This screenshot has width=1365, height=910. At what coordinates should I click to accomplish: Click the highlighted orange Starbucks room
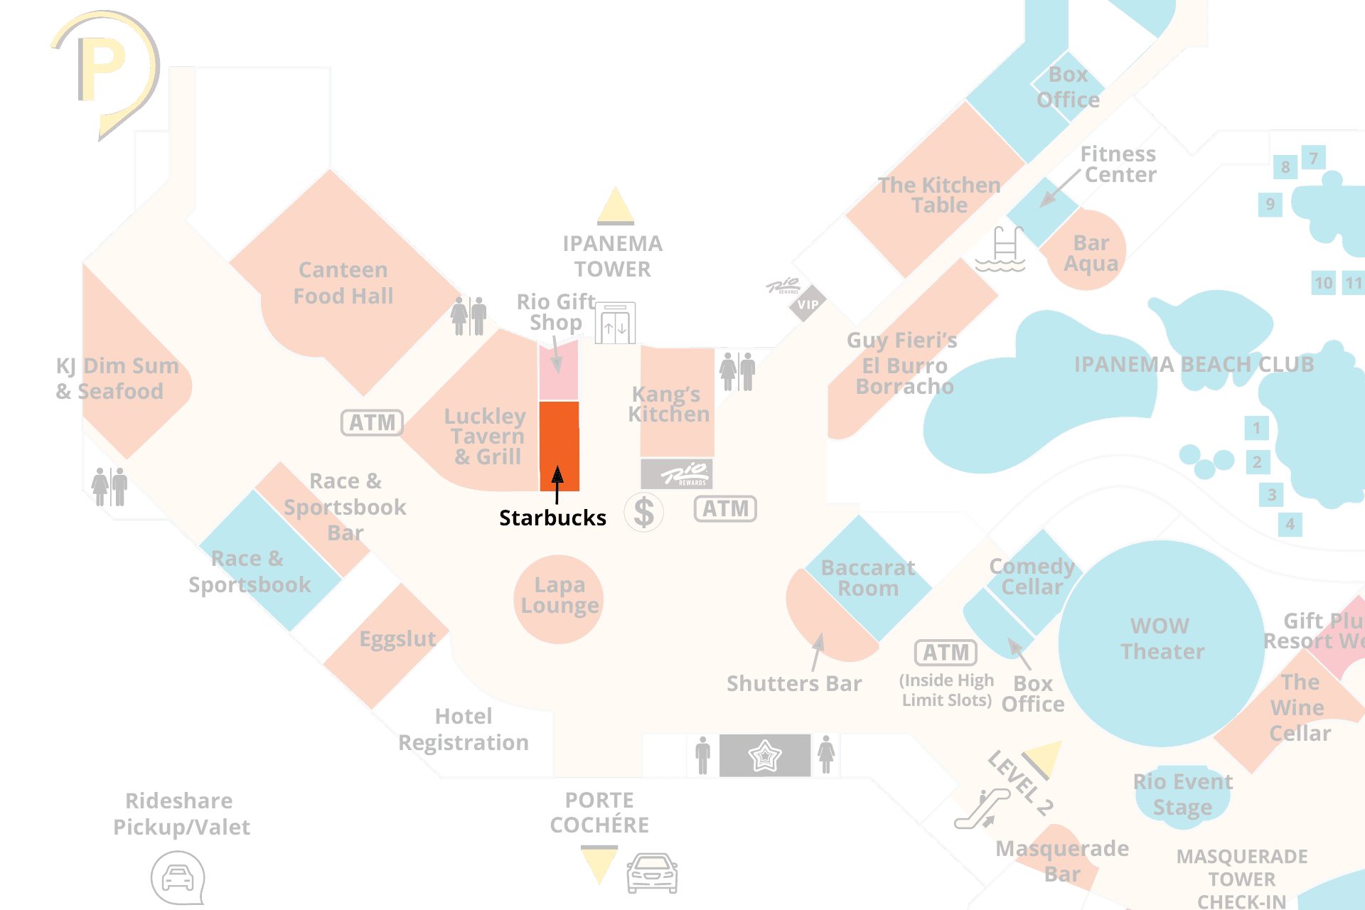pos(559,444)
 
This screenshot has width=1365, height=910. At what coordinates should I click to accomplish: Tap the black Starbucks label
pos(552,518)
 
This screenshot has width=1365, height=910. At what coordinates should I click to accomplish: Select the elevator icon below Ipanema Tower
pos(615,324)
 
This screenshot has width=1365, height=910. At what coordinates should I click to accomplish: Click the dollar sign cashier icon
pos(643,512)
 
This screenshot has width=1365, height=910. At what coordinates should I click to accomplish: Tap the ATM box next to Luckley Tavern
pos(372,422)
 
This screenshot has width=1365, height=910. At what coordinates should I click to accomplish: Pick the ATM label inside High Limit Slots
pos(946,652)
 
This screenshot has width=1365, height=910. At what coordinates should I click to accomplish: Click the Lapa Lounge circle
pos(559,599)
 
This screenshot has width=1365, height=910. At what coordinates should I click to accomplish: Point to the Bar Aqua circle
pos(1088,251)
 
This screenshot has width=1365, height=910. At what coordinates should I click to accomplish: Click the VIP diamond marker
pos(808,304)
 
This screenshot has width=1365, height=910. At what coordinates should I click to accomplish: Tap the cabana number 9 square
pos(1270,205)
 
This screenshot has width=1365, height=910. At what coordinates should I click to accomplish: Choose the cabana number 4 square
pos(1290,525)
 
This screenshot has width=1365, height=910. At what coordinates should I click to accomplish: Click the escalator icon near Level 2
pos(982,809)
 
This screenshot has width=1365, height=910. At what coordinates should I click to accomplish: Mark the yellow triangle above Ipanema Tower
pos(615,207)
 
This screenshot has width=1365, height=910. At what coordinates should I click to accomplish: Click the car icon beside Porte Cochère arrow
pos(652,872)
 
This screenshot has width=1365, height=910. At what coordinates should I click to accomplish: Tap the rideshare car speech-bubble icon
pos(178,878)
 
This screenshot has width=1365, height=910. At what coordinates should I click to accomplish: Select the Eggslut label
pos(397,638)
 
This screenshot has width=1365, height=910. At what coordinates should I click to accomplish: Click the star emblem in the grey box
pos(764,755)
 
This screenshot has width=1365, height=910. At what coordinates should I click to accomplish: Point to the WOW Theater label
pos(1162,638)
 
